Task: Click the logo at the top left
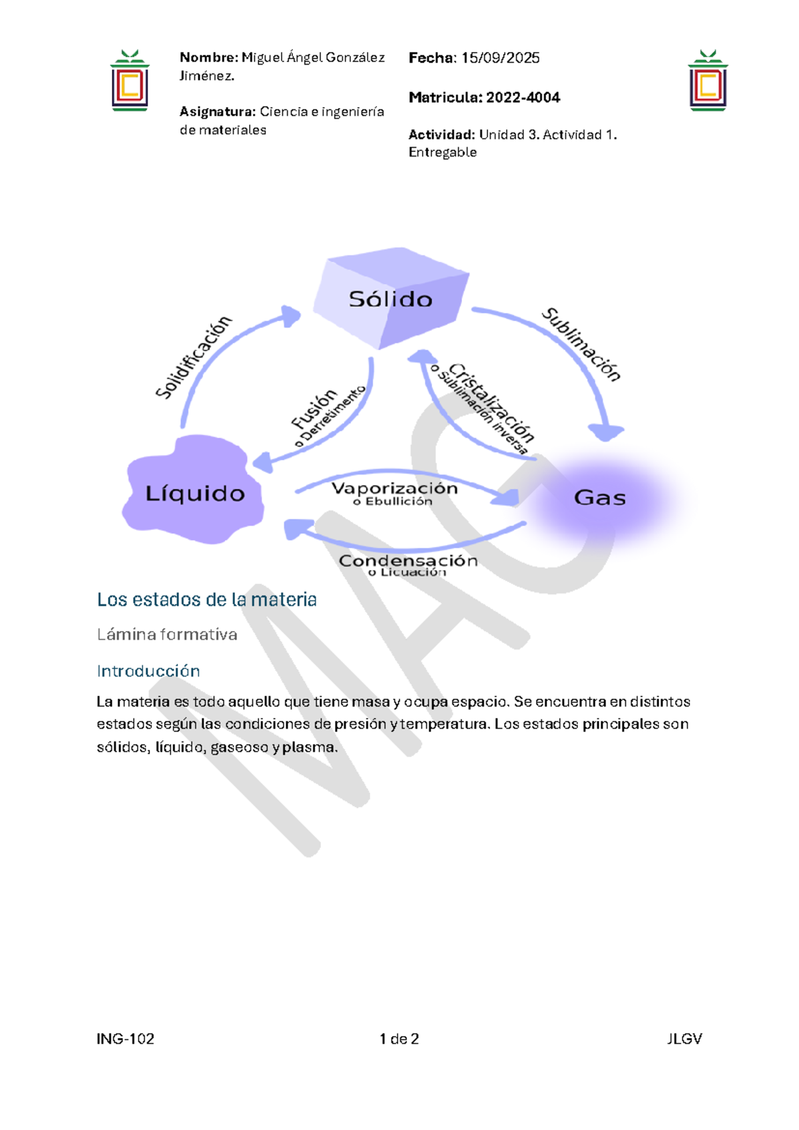point(130,81)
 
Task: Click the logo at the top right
point(708,81)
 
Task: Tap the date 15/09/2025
point(500,58)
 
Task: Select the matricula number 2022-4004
point(523,97)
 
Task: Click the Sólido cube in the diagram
point(391,298)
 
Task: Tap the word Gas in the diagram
point(599,498)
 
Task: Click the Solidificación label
point(193,357)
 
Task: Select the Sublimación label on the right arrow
point(581,344)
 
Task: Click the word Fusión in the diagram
point(314,409)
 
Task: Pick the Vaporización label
point(394,488)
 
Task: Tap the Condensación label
point(408,561)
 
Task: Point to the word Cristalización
point(492,402)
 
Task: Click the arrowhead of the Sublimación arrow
point(606,433)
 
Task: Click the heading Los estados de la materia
point(206,600)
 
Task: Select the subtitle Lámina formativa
point(166,634)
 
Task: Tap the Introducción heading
point(148,671)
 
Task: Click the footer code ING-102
point(125,1039)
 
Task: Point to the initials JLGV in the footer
point(684,1039)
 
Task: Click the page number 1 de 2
point(399,1039)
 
